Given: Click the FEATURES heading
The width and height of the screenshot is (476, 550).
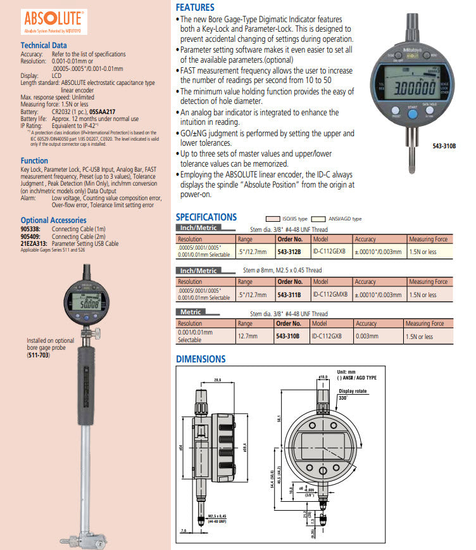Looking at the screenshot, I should [195, 8].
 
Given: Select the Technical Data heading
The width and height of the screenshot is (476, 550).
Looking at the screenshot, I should [44, 46].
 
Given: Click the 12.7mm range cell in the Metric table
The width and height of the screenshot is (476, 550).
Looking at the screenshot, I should [246, 336].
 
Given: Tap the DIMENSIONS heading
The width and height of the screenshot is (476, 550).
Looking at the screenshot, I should [201, 359].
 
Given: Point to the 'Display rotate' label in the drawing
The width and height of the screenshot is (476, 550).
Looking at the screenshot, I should [353, 391].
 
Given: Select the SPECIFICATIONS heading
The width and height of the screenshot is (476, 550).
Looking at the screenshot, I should [206, 217].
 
